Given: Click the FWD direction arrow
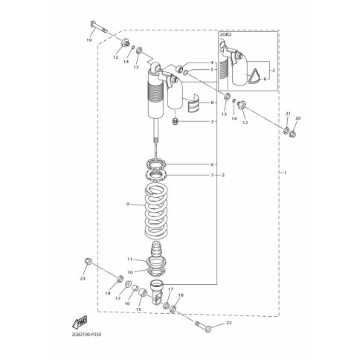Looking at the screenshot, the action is point(80,322).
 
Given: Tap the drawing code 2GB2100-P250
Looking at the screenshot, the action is point(86,335).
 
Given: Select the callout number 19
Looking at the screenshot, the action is point(89,40).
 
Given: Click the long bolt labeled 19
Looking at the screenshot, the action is point(100,27).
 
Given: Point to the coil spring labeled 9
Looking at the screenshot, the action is point(156,210).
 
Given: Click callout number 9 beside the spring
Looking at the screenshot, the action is point(128,204).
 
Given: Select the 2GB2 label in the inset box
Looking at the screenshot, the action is point(225,35).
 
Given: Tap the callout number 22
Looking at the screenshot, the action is point(229,323).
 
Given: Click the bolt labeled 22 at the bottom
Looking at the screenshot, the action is point(203,327).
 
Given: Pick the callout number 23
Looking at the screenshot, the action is point(83,278).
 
